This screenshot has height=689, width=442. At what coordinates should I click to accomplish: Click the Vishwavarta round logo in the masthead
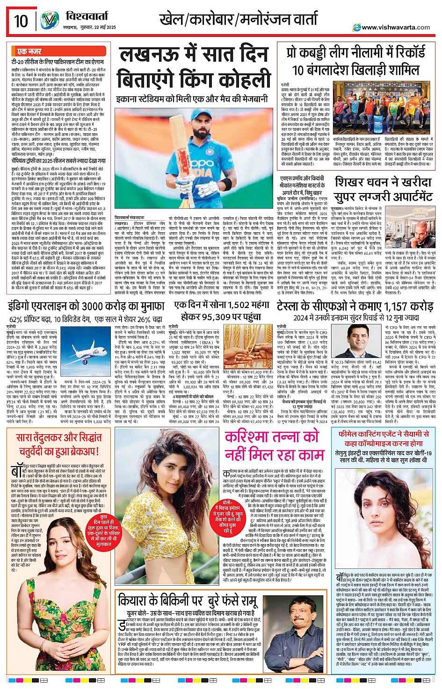[49, 21]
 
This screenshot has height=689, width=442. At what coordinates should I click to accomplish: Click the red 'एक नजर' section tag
[29, 51]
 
